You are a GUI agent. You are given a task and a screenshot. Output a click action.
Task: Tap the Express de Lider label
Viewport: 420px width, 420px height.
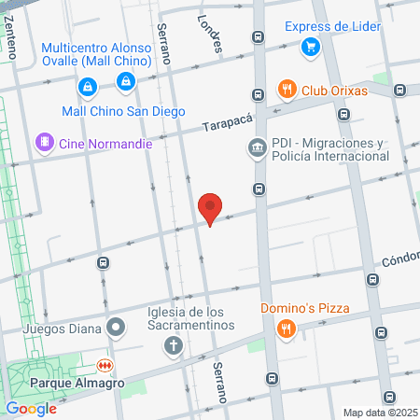[x=333, y=26]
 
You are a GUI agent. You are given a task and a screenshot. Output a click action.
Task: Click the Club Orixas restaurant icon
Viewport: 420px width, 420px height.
[x=287, y=91]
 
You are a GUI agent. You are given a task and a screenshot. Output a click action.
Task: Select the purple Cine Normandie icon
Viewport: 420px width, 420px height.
[x=43, y=143]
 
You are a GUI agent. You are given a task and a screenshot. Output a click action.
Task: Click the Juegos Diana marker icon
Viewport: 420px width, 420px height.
[x=116, y=328]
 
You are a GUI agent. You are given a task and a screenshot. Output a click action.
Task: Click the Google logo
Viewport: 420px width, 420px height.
[x=31, y=408]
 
